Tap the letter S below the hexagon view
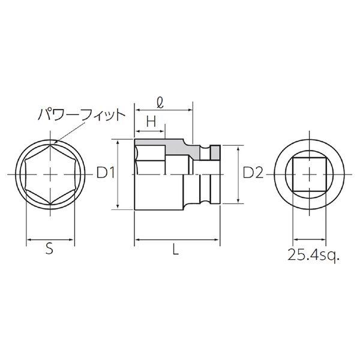49,248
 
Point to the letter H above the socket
151,121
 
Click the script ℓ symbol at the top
160,103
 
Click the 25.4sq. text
313,254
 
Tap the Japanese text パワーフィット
82,115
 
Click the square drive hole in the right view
310,175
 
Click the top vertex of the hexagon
50,145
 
